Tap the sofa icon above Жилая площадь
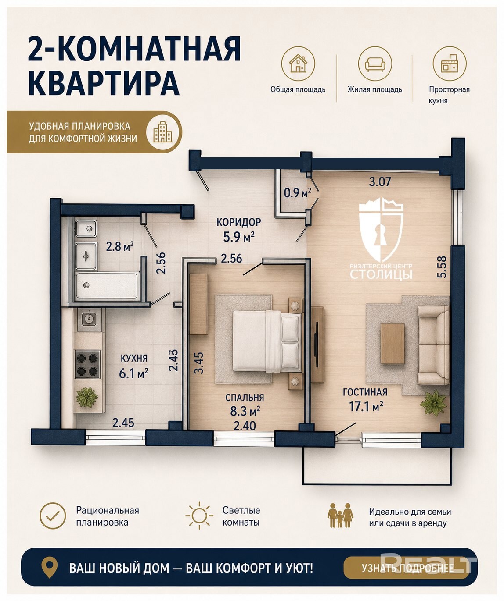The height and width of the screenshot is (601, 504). (x=375, y=64)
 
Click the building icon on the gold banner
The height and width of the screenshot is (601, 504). (x=163, y=132)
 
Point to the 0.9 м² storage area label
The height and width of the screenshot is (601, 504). (x=297, y=192)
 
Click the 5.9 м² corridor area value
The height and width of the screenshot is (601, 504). (x=239, y=237)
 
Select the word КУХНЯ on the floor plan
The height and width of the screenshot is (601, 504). (x=134, y=358)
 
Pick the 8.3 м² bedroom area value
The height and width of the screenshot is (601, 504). (x=245, y=411)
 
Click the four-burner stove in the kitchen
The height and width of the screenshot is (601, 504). (x=87, y=364)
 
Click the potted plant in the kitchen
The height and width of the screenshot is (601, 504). (x=87, y=397)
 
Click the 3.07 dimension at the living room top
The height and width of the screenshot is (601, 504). (x=380, y=181)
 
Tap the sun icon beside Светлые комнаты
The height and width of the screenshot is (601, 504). (x=199, y=515)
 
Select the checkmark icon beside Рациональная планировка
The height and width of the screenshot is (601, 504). (x=53, y=516)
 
